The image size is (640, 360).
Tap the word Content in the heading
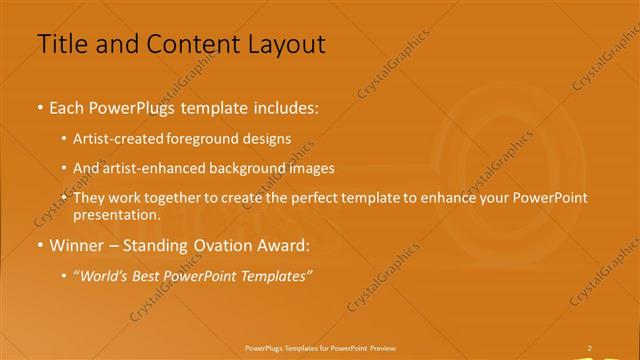click(179, 44)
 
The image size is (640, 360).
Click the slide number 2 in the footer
click(589, 348)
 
